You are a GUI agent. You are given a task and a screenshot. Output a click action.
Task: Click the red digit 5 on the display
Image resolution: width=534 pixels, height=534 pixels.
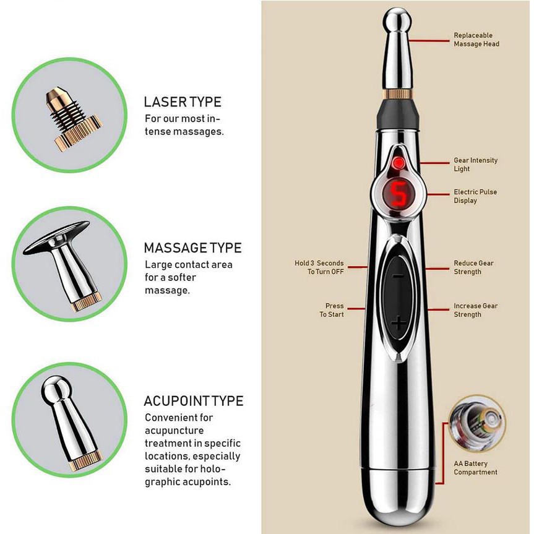(x=398, y=194)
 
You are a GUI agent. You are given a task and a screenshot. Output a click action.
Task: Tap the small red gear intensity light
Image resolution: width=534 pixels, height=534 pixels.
(x=398, y=163)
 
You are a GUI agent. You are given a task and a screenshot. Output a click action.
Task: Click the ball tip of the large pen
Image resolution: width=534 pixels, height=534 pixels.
(x=397, y=20)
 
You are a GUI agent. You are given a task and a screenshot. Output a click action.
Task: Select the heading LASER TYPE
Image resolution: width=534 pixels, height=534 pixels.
(x=183, y=102)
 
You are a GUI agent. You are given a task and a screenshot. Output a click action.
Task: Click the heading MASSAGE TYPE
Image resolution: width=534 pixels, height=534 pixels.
(x=193, y=248)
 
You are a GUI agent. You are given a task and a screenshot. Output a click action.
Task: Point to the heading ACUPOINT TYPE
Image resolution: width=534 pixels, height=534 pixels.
(x=194, y=401)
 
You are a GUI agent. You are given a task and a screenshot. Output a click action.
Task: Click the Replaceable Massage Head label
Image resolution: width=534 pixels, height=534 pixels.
(x=476, y=40)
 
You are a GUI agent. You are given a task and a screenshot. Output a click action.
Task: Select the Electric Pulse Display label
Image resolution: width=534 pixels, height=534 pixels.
(x=475, y=196)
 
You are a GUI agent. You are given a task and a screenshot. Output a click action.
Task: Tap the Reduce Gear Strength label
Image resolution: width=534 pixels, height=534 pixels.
(x=473, y=267)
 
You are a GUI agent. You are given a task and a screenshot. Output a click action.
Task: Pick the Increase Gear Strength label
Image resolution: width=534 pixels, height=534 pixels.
(x=475, y=310)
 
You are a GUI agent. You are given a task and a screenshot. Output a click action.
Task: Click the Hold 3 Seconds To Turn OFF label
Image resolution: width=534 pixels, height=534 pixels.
(x=319, y=267)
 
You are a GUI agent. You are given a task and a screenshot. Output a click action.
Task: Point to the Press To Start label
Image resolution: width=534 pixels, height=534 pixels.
(x=332, y=310)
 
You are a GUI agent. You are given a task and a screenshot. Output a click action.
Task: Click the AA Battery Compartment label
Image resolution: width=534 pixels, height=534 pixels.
(x=475, y=468)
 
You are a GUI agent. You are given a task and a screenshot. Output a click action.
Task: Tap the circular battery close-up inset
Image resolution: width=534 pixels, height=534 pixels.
(x=477, y=424)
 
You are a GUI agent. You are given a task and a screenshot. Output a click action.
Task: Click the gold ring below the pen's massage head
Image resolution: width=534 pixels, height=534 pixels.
(x=397, y=94)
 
